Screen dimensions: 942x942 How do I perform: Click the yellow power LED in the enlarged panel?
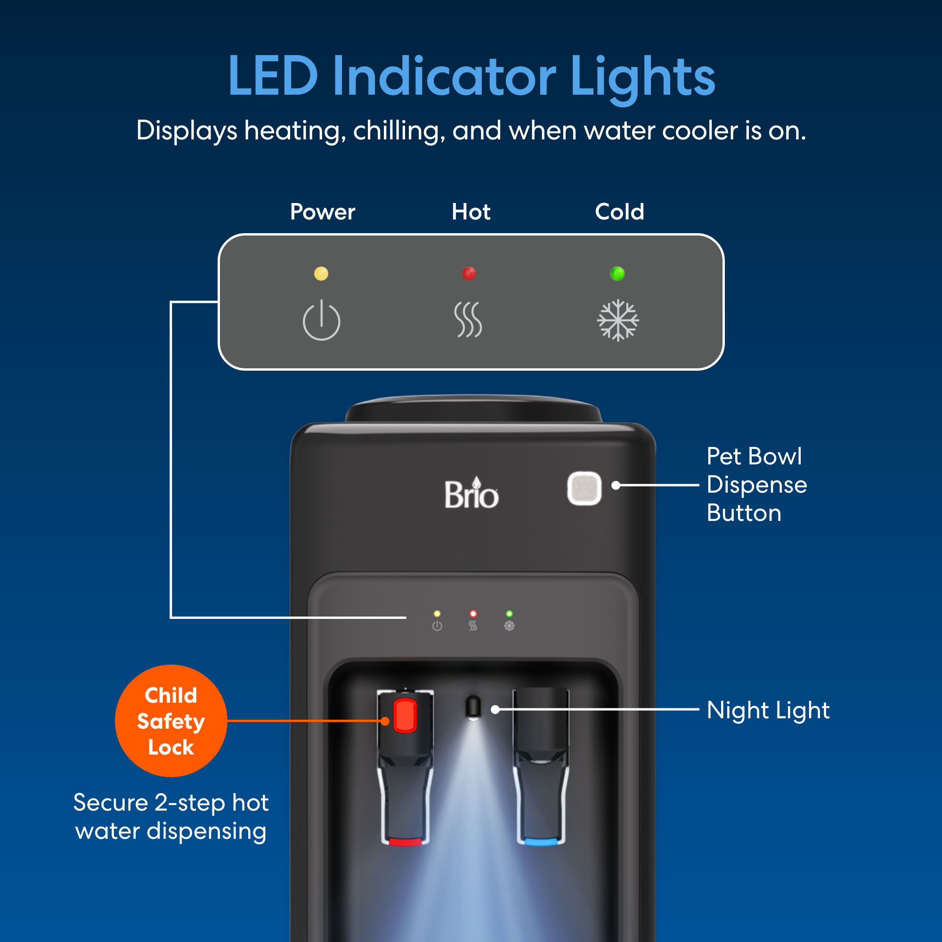[321, 274]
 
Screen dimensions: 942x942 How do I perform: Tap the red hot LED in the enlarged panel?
[469, 274]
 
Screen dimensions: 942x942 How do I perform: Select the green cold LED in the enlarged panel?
[617, 274]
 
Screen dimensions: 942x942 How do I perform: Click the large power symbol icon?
[321, 320]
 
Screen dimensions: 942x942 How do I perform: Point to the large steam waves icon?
[468, 320]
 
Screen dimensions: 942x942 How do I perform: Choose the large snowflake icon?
[618, 320]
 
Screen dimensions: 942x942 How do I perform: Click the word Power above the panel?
[322, 212]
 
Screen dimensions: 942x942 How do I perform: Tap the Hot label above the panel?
[471, 212]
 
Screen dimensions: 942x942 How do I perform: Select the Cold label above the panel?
[619, 212]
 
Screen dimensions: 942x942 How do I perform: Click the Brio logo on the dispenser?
[471, 494]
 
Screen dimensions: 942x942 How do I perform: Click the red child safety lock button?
[405, 715]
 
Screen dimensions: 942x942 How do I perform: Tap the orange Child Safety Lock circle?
[171, 721]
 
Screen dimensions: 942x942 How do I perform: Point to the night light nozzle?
[473, 708]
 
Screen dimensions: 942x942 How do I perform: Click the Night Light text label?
[768, 710]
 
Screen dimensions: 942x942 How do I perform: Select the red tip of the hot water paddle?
[405, 842]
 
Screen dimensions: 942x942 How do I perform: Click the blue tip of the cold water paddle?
[541, 842]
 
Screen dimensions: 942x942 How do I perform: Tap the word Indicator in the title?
[444, 77]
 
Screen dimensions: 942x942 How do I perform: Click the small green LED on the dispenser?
[509, 613]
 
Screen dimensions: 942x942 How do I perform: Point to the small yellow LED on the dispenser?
[437, 613]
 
